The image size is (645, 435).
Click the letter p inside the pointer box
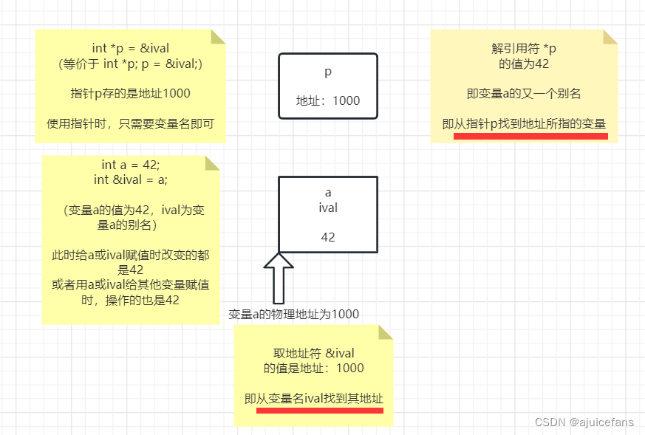click(x=328, y=72)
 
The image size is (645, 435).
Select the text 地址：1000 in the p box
click(x=328, y=100)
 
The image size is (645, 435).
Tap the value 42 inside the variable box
click(x=328, y=237)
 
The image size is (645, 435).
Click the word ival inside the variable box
click(x=328, y=208)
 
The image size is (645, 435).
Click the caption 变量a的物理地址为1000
click(x=293, y=314)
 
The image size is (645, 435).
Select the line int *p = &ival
click(x=130, y=49)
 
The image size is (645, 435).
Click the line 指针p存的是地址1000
click(x=130, y=93)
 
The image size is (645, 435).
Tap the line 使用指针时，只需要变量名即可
click(x=130, y=123)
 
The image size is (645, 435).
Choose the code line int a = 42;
click(x=130, y=165)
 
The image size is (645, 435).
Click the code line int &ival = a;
click(x=130, y=179)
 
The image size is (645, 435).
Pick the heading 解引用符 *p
click(x=524, y=49)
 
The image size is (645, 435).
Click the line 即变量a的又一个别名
click(x=524, y=93)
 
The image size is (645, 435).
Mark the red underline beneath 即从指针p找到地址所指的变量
click(x=530, y=136)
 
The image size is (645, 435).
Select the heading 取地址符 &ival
click(x=314, y=353)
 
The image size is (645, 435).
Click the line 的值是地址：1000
click(x=314, y=368)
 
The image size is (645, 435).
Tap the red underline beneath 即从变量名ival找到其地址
click(x=319, y=410)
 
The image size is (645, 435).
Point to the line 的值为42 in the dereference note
click(x=524, y=64)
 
